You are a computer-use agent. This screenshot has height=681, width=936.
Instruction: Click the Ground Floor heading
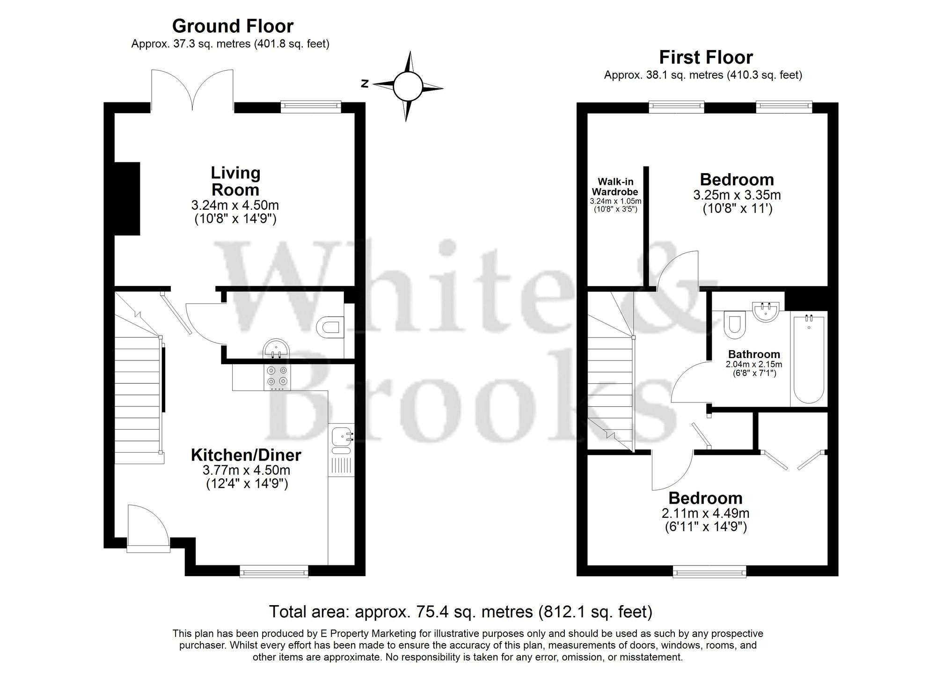[x=233, y=26]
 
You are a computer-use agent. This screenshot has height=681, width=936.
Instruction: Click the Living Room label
[x=235, y=181]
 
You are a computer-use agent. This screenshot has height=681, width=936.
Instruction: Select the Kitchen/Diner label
[x=246, y=455]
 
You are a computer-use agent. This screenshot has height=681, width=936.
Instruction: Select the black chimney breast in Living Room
[x=127, y=198]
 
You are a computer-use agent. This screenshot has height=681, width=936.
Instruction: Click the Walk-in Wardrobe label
[x=615, y=187]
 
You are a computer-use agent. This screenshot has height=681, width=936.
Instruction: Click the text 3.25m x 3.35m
[x=737, y=195]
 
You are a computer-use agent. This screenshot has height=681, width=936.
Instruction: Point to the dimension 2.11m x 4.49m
[x=705, y=513]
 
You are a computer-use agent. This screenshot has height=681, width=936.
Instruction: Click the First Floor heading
[x=706, y=58]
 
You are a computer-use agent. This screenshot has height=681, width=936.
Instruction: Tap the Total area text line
[x=461, y=612]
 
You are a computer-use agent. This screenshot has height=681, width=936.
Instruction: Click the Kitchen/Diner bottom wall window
[x=274, y=571]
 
